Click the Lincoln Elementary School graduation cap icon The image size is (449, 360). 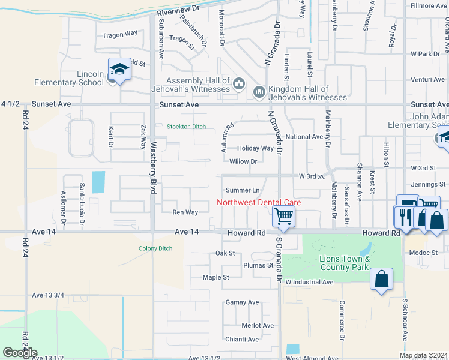119,70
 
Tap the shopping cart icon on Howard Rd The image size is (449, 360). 283,215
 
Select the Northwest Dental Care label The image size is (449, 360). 259,202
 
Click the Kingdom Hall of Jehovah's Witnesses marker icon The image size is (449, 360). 259,92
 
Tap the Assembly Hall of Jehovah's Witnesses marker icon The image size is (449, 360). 238,82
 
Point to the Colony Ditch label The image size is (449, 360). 155,248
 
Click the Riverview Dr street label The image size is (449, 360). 178,10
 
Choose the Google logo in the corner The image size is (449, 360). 20,353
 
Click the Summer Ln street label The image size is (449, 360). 243,190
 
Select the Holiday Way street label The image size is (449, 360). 255,148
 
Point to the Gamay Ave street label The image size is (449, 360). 242,302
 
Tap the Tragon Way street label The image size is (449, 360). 120,35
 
